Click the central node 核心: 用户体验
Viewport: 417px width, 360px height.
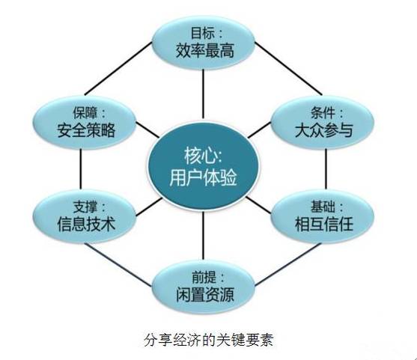[203, 166]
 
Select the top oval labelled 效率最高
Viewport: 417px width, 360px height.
[204, 43]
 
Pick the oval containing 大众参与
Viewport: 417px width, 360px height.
[323, 122]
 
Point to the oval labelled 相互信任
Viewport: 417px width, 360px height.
[323, 216]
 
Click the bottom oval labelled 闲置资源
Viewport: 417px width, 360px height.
[204, 287]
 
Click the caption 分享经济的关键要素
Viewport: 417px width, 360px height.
[209, 340]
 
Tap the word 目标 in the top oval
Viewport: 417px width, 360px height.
[203, 34]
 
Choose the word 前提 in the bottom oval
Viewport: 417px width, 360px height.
[204, 278]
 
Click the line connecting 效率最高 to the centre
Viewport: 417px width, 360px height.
[203, 94]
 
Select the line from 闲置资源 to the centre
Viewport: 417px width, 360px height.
[203, 234]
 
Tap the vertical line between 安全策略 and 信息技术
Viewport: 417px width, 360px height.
[81, 169]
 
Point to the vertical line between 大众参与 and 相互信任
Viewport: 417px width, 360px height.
[326, 169]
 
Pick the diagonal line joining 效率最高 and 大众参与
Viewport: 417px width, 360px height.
[288, 69]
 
